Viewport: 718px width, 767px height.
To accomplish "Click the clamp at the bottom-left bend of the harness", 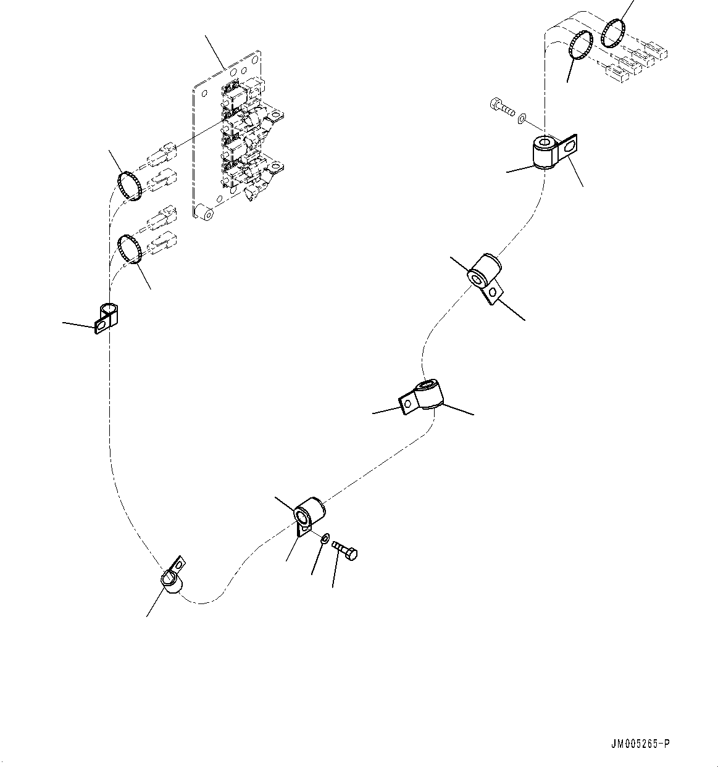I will (171, 579).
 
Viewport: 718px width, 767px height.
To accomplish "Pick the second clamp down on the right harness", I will (484, 276).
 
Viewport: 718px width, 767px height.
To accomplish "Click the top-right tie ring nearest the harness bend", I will (580, 46).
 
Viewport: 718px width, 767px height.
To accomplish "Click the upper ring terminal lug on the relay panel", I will (275, 114).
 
